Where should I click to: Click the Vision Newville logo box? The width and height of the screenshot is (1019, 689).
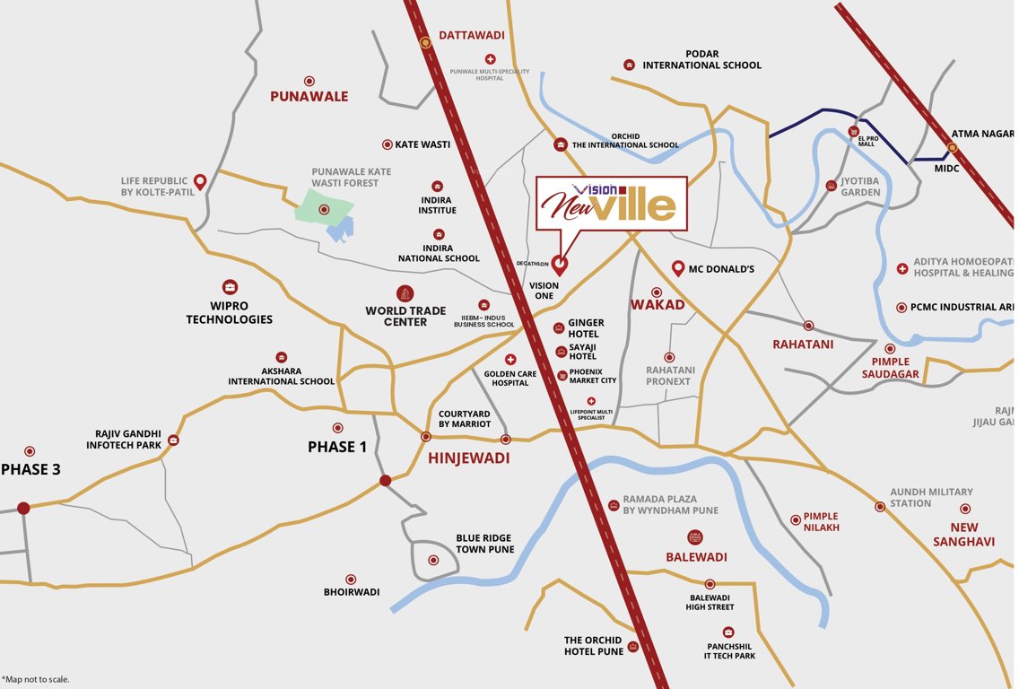(x=613, y=204)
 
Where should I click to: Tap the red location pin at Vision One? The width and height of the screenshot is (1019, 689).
(x=560, y=265)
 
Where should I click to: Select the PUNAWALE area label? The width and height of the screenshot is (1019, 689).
(x=309, y=96)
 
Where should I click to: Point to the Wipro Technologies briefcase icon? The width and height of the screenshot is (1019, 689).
(x=230, y=287)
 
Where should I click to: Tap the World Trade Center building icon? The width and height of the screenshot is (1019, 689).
(x=405, y=293)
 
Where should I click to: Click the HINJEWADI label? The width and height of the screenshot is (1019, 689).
(x=468, y=458)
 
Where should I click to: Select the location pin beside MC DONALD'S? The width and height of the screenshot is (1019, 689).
(x=678, y=268)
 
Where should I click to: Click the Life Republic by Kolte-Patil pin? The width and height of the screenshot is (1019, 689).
(x=200, y=181)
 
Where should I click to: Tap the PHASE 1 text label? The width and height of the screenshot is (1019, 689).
(x=337, y=447)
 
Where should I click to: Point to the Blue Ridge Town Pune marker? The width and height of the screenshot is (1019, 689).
(x=433, y=560)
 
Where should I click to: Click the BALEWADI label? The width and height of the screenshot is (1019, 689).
(x=696, y=557)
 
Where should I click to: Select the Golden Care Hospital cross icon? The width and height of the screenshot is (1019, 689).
(x=510, y=359)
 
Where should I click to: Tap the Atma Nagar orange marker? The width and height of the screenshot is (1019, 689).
(x=953, y=148)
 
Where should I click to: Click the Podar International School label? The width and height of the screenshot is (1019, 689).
(x=701, y=59)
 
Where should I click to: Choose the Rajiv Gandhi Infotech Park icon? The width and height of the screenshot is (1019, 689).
(x=173, y=440)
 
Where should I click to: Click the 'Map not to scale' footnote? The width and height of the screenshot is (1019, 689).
(x=36, y=679)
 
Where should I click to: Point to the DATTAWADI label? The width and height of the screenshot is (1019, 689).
(x=471, y=36)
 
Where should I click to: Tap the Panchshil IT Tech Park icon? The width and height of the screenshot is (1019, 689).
(x=728, y=632)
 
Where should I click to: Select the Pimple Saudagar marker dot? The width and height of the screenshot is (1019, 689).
(x=890, y=349)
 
